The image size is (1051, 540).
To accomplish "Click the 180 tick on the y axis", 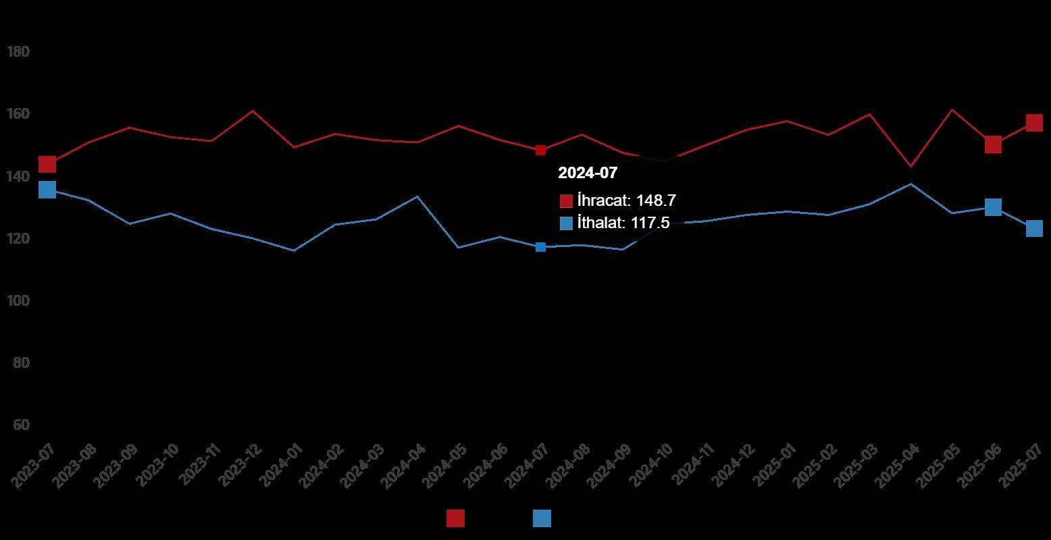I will coord(19,52).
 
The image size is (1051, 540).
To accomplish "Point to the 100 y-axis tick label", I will coord(19,301).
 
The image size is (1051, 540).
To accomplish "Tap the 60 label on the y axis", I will coord(22,425).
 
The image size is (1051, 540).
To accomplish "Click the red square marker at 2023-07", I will coord(47,164).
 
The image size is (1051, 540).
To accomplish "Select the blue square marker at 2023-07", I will coord(47,190).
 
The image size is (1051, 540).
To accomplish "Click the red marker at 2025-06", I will coord(993,144).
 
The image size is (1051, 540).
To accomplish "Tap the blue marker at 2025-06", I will coord(993,207).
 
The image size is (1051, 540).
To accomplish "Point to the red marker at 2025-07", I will coord(1034,123).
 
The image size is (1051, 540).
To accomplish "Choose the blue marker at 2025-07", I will coord(1034,229).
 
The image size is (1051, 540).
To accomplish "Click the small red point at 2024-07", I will coord(540,150).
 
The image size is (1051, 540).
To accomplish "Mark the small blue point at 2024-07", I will coord(540,247).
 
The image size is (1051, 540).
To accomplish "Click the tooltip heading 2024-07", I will coord(588,173).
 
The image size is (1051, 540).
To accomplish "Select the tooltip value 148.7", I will coord(656,200).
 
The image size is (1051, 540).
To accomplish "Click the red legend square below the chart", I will coord(455,518).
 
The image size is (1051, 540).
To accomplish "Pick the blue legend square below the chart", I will coord(542,518).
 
